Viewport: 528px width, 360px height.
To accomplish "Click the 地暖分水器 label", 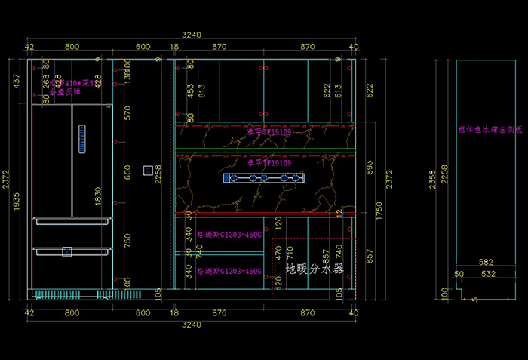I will pos(314,268).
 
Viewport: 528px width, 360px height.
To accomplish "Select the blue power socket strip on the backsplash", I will pos(265,178).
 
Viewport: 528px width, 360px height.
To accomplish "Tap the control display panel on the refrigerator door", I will pos(81,139).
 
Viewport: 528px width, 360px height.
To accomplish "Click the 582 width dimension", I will pos(486,262).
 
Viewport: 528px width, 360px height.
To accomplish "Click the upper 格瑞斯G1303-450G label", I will pos(229,235).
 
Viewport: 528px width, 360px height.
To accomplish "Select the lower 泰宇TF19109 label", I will pos(269,162).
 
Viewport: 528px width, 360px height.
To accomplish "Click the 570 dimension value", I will pos(127,113).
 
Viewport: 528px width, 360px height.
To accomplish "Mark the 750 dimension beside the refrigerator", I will pos(127,240).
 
